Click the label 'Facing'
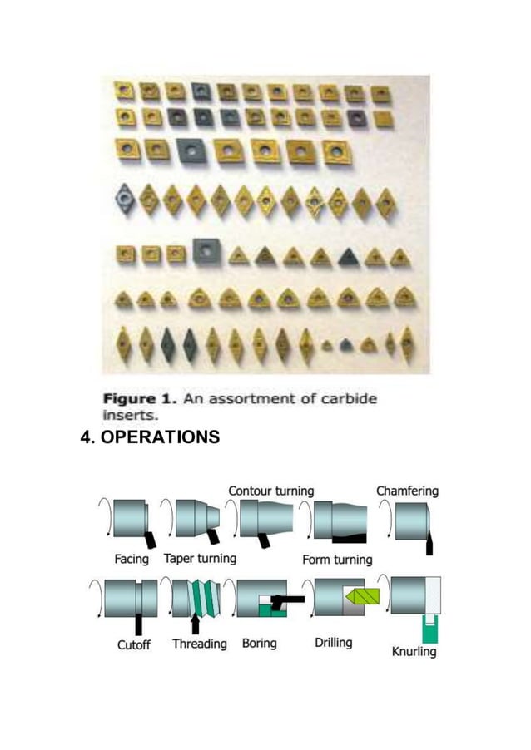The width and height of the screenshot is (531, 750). point(132,559)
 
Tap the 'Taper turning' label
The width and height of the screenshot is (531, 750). point(200,559)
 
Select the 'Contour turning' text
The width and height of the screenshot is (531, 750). point(271,491)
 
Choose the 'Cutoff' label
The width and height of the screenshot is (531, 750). point(134,644)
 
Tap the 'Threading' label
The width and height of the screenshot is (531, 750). point(200,644)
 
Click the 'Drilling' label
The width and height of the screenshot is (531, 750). point(334,643)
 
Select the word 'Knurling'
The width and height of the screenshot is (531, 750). point(414,651)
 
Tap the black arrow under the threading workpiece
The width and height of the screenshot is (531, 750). point(196,623)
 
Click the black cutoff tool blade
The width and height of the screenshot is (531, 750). point(138,624)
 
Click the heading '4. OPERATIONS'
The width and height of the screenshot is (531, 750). point(150,436)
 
